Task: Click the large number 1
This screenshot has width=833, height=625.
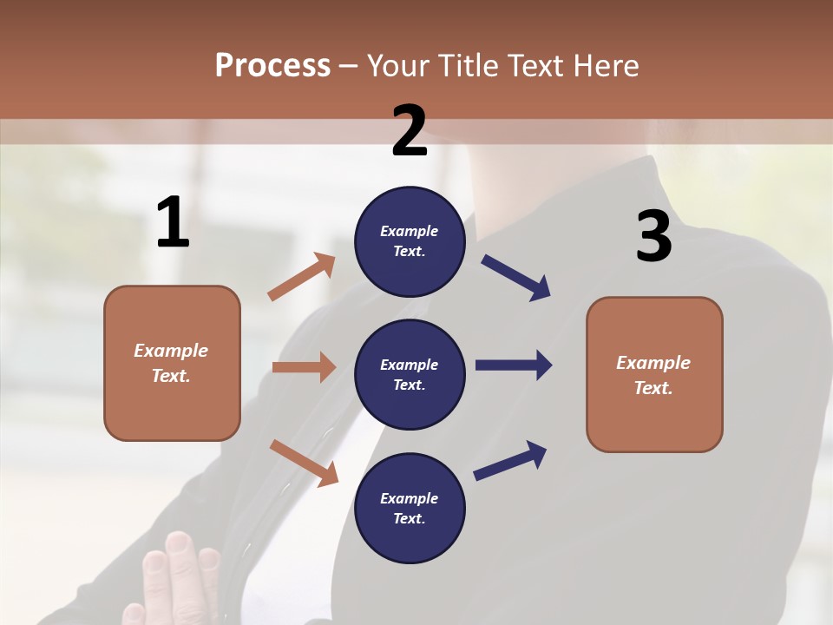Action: pyautogui.click(x=173, y=223)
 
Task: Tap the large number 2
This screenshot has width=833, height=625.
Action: pyautogui.click(x=410, y=131)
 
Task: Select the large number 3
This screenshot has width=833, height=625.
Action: pyautogui.click(x=653, y=237)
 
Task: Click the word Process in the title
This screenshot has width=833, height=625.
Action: pyautogui.click(x=272, y=65)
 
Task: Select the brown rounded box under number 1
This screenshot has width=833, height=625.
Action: pyautogui.click(x=172, y=363)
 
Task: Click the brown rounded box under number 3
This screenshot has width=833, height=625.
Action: pyautogui.click(x=654, y=374)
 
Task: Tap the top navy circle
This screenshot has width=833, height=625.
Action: pyautogui.click(x=410, y=241)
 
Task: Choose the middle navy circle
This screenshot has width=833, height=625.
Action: pyautogui.click(x=410, y=374)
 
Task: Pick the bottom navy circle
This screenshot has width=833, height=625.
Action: pyautogui.click(x=410, y=508)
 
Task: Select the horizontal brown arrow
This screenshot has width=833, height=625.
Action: pyautogui.click(x=304, y=367)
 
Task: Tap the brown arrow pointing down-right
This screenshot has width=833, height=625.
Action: pyautogui.click(x=304, y=463)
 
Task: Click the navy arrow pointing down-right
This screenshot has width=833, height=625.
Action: pyautogui.click(x=516, y=278)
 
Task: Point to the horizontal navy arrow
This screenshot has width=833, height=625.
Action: pyautogui.click(x=513, y=365)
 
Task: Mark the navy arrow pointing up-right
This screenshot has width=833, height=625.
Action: pyautogui.click(x=510, y=460)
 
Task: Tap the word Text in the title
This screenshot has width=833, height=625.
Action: pyautogui.click(x=535, y=65)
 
